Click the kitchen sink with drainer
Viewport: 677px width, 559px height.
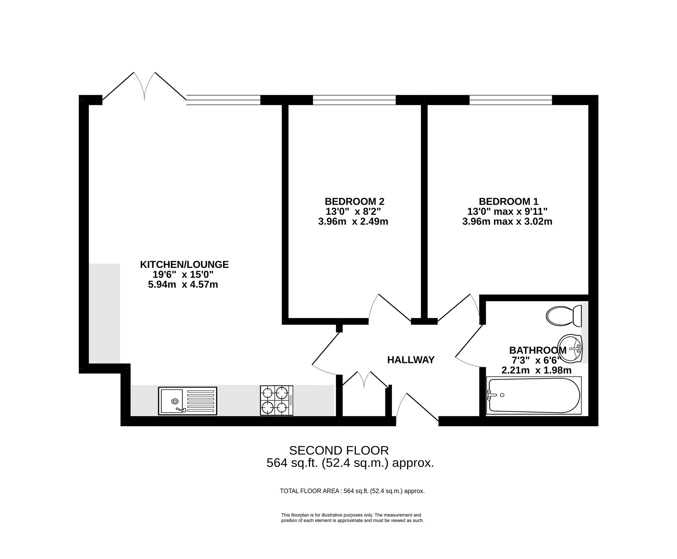click(x=187, y=401)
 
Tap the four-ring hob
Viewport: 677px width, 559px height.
click(x=276, y=401)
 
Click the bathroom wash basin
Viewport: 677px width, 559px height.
click(x=570, y=348)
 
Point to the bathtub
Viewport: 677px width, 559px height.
click(x=534, y=395)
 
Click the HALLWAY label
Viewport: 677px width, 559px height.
click(x=411, y=360)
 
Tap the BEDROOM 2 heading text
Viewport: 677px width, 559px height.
click(x=354, y=202)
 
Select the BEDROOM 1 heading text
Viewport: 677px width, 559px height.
click(x=508, y=202)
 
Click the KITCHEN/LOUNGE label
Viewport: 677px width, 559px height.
click(x=184, y=264)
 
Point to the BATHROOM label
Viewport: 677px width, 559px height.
click(x=537, y=350)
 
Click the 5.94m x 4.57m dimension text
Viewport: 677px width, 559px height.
click(x=183, y=285)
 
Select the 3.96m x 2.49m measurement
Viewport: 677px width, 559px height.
click(x=353, y=221)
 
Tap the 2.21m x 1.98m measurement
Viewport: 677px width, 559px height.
click(x=536, y=370)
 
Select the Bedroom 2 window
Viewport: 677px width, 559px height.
click(x=354, y=100)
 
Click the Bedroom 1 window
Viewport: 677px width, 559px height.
click(x=510, y=100)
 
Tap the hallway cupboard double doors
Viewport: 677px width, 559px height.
click(x=364, y=380)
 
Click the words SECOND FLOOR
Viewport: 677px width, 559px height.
click(x=339, y=450)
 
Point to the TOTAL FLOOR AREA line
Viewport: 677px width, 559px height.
click(x=352, y=491)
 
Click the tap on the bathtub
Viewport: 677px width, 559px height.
click(x=491, y=395)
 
